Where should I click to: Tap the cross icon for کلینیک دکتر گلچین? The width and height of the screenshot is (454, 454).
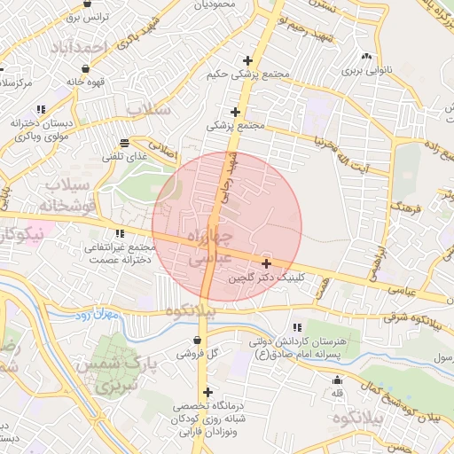tap(267, 263)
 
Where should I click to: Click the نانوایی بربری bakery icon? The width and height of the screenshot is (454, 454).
tap(367, 56)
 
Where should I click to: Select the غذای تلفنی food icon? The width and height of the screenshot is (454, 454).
tap(123, 142)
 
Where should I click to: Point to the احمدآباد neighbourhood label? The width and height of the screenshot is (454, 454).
tap(90, 46)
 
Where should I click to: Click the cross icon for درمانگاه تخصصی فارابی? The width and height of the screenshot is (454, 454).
tap(207, 393)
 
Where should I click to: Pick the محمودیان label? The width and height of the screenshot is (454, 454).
tap(214, 4)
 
